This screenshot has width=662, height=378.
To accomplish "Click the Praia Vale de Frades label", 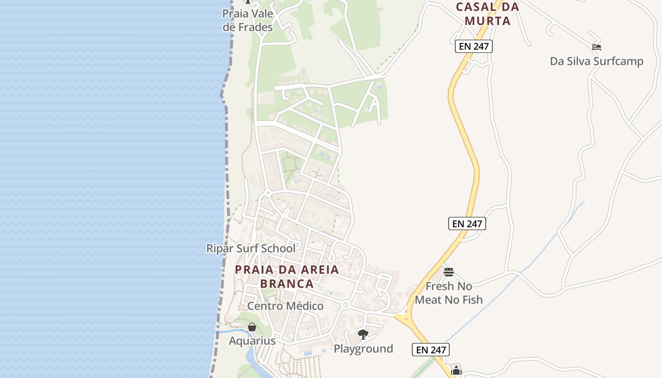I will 248,20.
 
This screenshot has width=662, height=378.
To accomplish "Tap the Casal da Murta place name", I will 487,14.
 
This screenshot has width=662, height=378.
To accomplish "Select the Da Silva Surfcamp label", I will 596,61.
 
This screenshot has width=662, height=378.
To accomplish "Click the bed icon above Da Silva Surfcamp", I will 597,47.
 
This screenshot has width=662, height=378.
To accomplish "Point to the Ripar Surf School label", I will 251,248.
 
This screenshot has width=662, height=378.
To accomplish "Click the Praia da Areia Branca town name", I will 287,276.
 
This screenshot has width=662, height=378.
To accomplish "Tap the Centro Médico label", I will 285,306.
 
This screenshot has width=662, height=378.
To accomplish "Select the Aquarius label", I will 252,341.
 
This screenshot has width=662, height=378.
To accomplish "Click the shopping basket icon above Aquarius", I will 252,327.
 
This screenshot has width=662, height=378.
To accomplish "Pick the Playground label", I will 363,349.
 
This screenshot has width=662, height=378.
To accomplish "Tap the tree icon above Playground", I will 363,335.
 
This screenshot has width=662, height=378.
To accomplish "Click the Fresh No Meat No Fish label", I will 448,293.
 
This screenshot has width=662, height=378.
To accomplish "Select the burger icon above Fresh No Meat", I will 449,272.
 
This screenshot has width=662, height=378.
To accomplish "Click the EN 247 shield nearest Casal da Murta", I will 474,46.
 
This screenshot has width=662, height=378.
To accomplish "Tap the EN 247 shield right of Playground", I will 430,350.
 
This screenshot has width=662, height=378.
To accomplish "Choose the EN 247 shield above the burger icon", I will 467,223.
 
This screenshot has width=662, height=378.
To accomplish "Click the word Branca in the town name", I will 287,283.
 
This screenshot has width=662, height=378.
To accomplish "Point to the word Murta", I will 487,21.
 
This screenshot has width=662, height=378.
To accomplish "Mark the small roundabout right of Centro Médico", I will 346,305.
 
